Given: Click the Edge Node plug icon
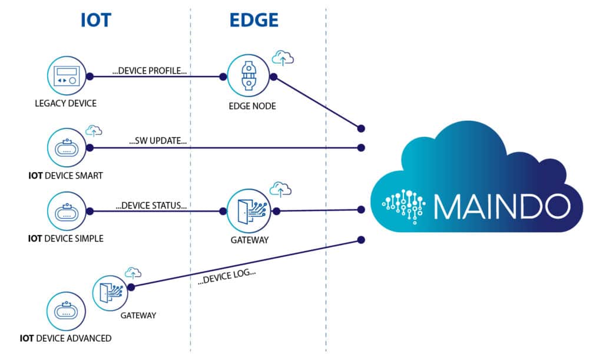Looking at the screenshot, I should (249, 76).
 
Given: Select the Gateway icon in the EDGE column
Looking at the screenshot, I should (249, 211).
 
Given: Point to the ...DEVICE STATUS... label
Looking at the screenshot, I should (151, 206).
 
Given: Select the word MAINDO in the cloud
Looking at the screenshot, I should (502, 206).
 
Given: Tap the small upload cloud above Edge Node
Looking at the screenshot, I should (283, 58).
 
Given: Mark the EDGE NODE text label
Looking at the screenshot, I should (249, 107).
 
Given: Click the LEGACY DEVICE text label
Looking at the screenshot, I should (65, 104).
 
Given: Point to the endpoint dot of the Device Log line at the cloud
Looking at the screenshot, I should (361, 239).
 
